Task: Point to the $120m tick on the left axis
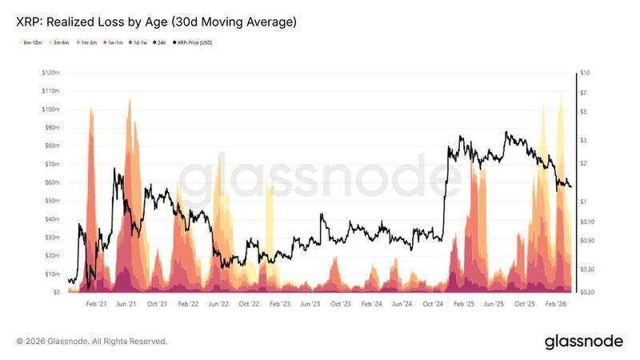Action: [x=51, y=73]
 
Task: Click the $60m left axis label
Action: [x=53, y=182]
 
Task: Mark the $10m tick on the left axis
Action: [x=53, y=274]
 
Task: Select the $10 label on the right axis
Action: [x=586, y=73]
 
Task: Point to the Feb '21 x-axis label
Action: [x=96, y=305]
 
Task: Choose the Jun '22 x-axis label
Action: [x=219, y=305]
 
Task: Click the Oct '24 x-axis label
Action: [x=433, y=305]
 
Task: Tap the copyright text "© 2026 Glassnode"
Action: [x=92, y=342]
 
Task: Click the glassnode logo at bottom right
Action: [x=583, y=342]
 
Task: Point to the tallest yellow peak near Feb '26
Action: [x=561, y=94]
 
